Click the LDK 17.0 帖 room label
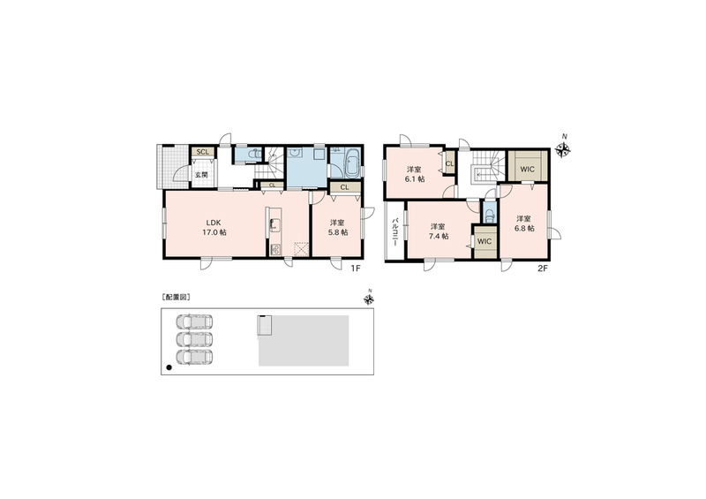point(216,228)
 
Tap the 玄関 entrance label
point(201,175)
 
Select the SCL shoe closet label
point(203,152)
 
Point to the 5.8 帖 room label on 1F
point(338,228)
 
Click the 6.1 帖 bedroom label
point(414,175)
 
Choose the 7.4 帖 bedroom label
point(438,231)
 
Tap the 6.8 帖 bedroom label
point(524,223)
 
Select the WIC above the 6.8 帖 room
point(527,170)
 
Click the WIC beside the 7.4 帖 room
point(484,242)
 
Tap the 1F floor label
point(357,268)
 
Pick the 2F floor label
point(543,268)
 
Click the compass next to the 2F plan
point(563,149)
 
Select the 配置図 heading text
point(176,297)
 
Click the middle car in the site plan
point(194,339)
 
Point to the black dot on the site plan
point(169,367)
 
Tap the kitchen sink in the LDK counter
point(275,225)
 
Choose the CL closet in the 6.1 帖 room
point(449,163)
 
